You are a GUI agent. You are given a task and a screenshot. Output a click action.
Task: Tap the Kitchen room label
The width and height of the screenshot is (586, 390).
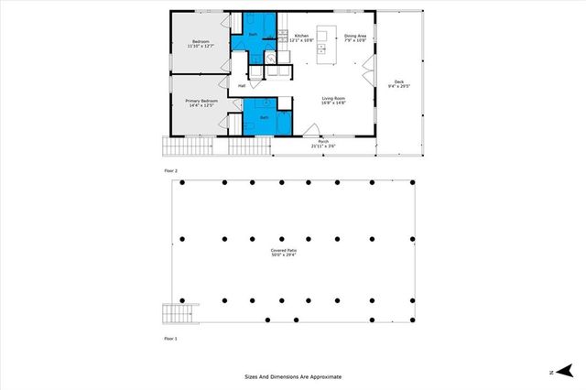[x=302, y=38]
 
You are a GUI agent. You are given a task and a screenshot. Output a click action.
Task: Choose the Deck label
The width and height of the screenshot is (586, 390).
[x=399, y=84]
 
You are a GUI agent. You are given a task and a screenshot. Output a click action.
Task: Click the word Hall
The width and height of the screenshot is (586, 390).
[x=242, y=86]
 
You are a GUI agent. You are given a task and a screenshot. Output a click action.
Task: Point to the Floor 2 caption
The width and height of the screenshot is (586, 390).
[x=169, y=171]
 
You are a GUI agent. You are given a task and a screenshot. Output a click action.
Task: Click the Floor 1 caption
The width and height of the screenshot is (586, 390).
[x=169, y=339]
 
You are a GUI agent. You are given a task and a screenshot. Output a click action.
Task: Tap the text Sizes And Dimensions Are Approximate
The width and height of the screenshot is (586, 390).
[x=292, y=375]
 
